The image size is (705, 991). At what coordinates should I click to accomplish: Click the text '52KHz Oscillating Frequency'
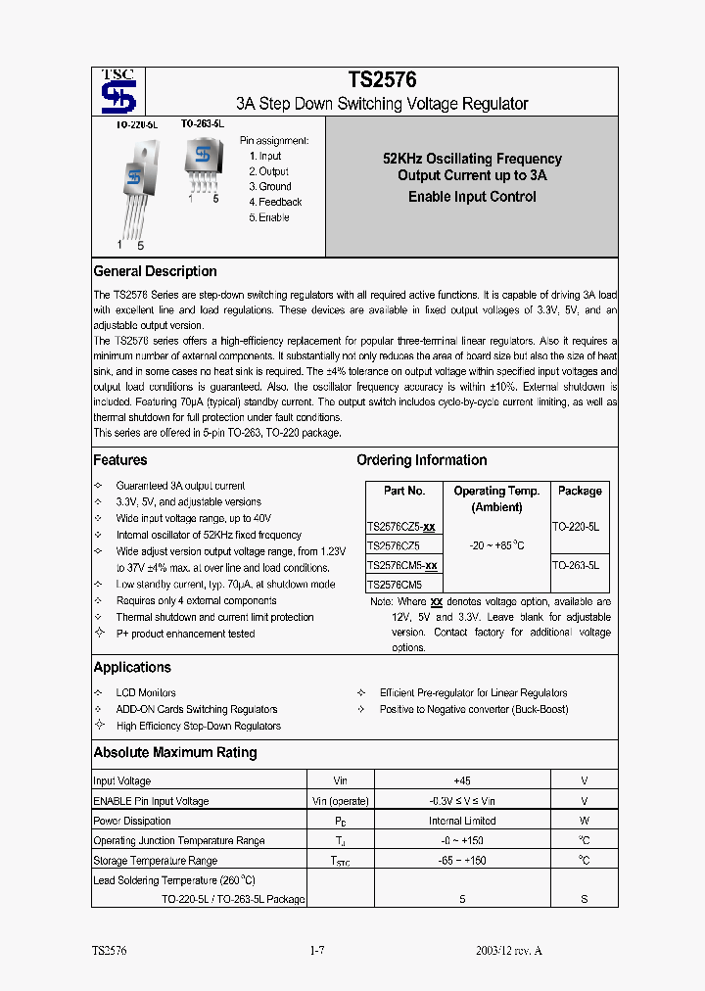pos(472,159)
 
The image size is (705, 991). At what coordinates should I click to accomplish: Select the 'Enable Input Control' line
pos(472,197)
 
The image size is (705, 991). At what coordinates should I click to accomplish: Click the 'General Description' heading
pos(155,271)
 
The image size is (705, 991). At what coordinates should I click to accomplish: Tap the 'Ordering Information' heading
pos(421,460)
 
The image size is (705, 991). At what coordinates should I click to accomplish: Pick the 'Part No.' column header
pos(404,491)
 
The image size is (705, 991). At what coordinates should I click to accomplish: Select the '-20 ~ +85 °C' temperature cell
pos(495,545)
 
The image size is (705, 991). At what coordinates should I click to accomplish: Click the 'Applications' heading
pos(132,667)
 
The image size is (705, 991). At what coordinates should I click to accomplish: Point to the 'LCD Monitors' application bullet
pos(146,692)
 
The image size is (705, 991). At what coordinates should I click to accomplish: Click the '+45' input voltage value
pos(462,780)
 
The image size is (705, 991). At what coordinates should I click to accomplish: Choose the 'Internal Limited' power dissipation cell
pos(462,821)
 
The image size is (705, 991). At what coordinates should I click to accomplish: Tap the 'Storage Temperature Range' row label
pos(155,860)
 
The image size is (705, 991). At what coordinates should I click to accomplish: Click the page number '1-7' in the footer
pos(316,951)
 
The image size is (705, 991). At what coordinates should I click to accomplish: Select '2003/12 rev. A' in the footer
pos(508,951)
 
